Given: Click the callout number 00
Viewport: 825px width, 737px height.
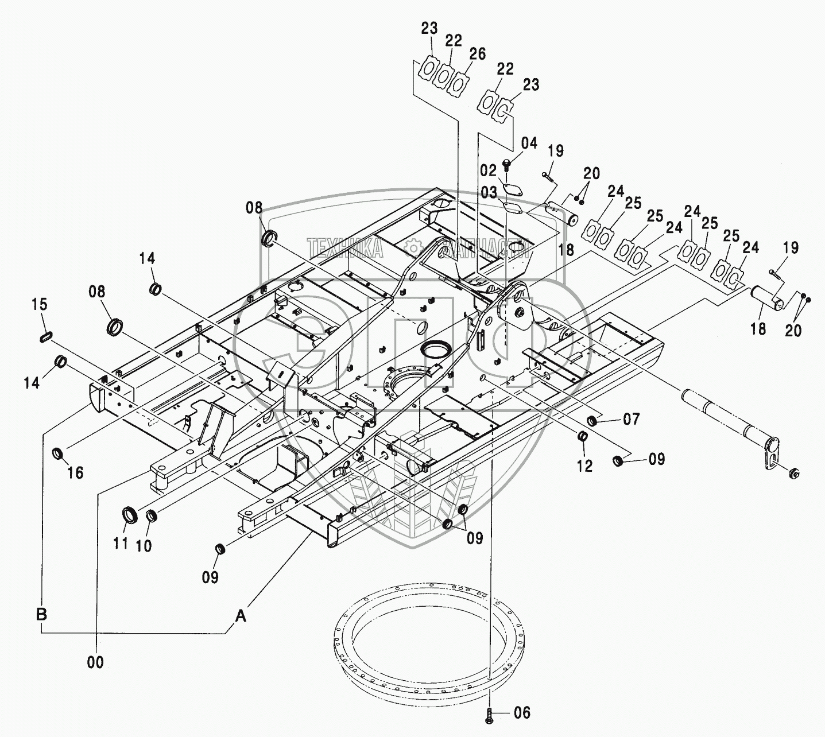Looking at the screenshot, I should tap(96, 662).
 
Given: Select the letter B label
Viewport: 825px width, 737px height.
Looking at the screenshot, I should tap(42, 614).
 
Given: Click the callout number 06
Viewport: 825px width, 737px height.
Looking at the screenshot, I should tap(522, 713).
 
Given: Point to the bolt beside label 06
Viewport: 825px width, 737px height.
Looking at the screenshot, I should tap(489, 714).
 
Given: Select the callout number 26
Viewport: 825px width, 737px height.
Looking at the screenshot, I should tap(477, 54).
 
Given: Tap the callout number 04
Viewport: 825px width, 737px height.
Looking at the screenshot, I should tap(529, 143).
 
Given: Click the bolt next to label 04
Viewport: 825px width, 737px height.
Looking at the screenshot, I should tap(506, 164).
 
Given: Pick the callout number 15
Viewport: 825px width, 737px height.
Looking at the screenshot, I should tap(40, 305).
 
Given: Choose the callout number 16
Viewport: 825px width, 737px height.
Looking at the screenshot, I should tap(75, 472).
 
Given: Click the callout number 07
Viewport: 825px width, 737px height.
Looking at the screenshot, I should tap(631, 420).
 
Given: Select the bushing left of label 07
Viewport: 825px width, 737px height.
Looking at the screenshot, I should tap(593, 421).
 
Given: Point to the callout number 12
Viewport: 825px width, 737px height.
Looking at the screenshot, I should tap(584, 466).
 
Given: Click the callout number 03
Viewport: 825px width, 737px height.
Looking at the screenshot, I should tap(489, 192).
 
